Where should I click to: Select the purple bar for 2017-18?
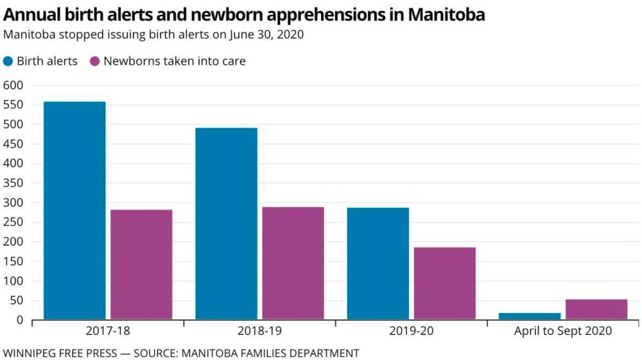click(x=141, y=264)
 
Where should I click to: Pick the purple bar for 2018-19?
click(x=293, y=263)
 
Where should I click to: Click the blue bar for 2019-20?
click(x=377, y=263)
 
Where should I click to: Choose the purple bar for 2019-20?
click(x=444, y=283)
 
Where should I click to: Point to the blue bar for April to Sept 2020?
click(x=530, y=316)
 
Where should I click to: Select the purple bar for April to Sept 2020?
click(x=596, y=309)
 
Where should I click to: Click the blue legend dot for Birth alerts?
click(x=8, y=62)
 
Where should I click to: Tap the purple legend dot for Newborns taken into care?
click(x=95, y=62)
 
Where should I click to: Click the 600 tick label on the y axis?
click(x=13, y=85)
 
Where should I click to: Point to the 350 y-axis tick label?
click(x=13, y=184)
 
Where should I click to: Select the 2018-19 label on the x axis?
click(x=259, y=332)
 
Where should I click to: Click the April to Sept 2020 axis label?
click(x=563, y=332)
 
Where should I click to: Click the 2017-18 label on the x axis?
click(x=108, y=332)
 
